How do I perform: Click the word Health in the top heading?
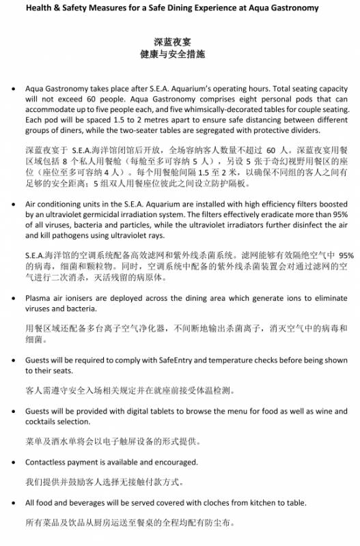(x=49, y=8)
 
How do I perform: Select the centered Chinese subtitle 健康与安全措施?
(x=180, y=54)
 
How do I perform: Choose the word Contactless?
(x=48, y=462)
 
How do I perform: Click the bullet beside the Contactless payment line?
(x=14, y=462)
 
